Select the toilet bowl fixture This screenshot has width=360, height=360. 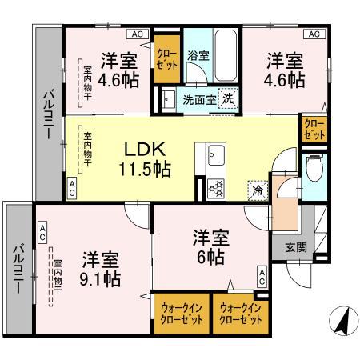[314, 170]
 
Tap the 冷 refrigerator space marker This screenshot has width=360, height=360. [258, 190]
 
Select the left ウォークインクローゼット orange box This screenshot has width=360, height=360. [181, 312]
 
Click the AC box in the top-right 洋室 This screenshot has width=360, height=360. [314, 34]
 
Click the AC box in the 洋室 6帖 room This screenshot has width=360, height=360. [262, 277]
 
